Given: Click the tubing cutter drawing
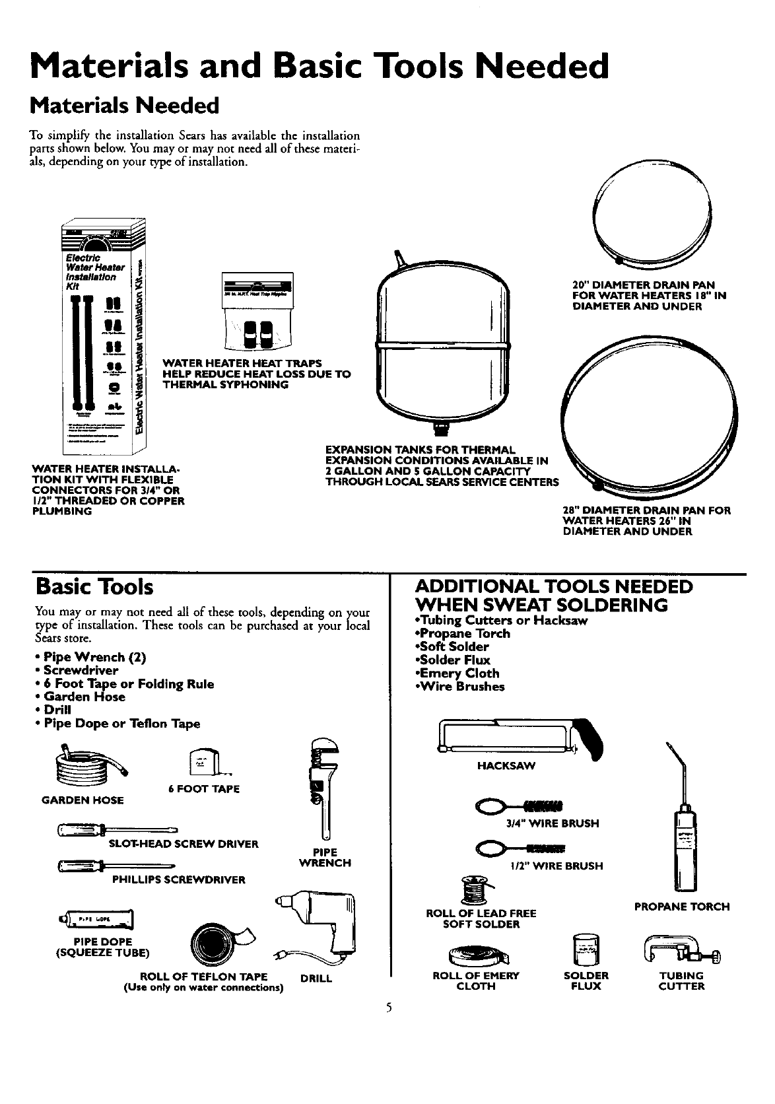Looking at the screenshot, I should coord(681,949).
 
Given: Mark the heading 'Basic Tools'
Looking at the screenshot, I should coord(96,587).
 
